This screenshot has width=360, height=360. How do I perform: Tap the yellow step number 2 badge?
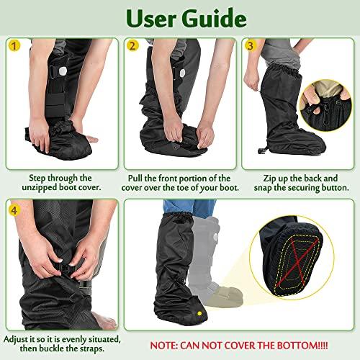[x=132, y=46]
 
